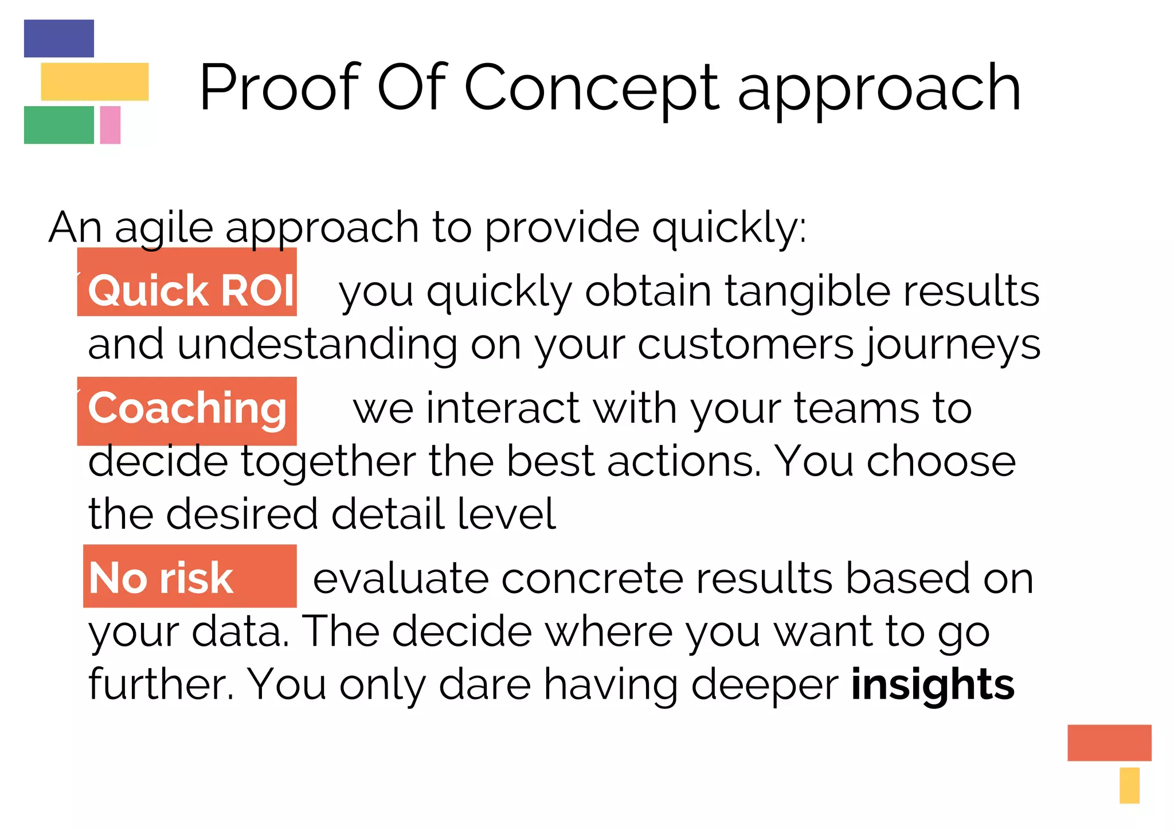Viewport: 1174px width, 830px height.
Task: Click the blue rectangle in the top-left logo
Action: pos(58,38)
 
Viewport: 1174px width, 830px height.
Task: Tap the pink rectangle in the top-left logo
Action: pos(110,124)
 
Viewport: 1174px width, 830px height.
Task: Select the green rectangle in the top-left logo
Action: pos(58,124)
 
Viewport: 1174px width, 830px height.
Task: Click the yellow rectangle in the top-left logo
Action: pos(95,81)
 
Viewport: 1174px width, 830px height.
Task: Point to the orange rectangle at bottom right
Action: pos(1109,742)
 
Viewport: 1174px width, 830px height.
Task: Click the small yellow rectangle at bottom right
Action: pos(1129,785)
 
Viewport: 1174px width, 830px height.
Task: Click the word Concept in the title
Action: pos(591,88)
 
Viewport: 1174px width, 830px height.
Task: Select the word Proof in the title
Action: pos(279,88)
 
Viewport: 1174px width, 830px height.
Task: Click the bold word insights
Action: pos(933,684)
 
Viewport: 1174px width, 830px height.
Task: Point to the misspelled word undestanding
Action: pos(317,345)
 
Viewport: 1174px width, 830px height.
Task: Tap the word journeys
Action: pos(952,345)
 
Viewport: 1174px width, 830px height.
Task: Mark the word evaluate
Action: pos(400,578)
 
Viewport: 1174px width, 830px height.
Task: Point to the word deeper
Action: pos(765,684)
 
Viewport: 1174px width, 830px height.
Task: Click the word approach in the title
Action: pos(878,88)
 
